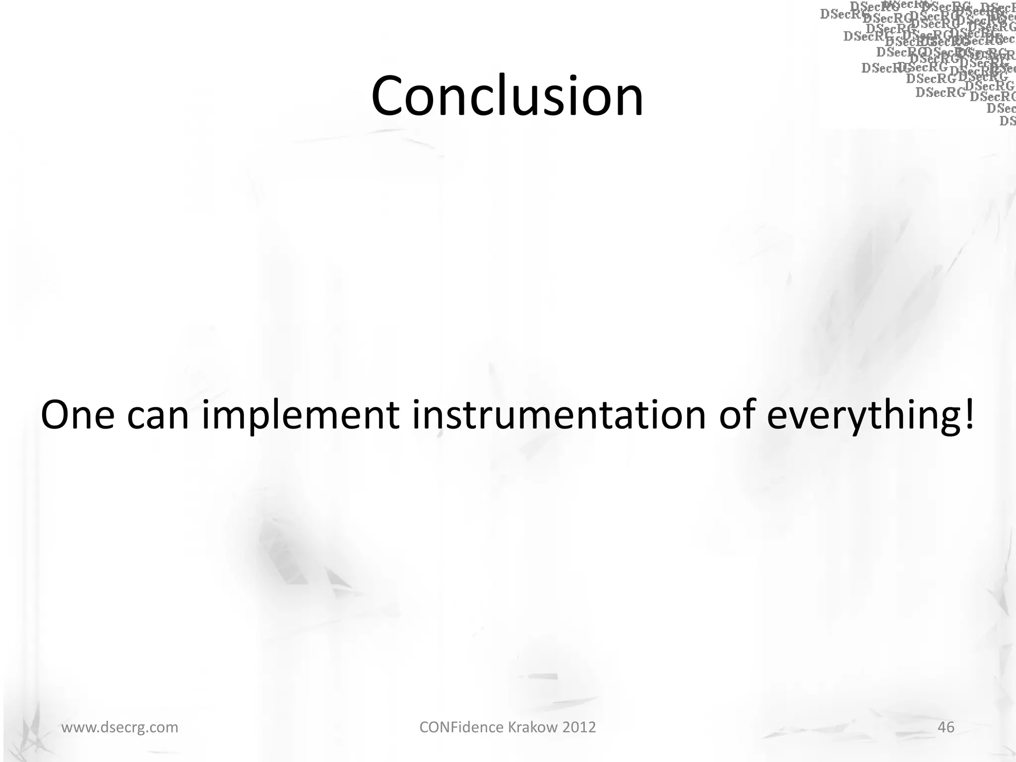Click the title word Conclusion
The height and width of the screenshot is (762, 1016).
(x=507, y=95)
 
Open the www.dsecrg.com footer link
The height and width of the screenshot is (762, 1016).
(x=120, y=728)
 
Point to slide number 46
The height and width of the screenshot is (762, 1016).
(x=946, y=727)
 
